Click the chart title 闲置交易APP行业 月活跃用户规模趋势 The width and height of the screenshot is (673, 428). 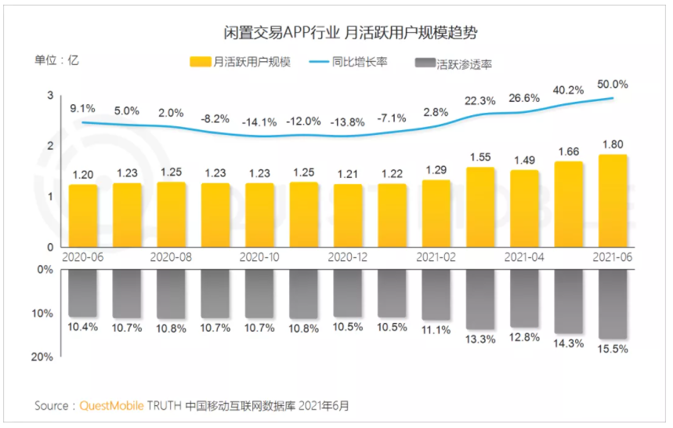[x=348, y=33]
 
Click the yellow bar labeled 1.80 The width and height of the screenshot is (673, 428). [x=613, y=201]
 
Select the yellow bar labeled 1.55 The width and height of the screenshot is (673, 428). [x=480, y=207]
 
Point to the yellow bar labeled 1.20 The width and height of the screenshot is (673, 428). [x=82, y=216]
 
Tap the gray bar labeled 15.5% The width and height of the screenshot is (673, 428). [x=613, y=306]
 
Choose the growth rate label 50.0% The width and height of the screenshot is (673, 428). [x=613, y=84]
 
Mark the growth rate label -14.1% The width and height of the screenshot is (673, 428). [x=259, y=122]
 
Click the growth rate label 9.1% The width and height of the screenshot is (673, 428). [x=82, y=109]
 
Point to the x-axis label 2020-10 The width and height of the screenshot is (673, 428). [x=259, y=256]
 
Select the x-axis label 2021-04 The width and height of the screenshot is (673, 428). [x=524, y=256]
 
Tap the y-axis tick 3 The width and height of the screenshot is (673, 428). [x=49, y=96]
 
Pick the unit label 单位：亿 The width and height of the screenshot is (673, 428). [x=56, y=59]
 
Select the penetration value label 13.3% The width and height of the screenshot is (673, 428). [x=480, y=339]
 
